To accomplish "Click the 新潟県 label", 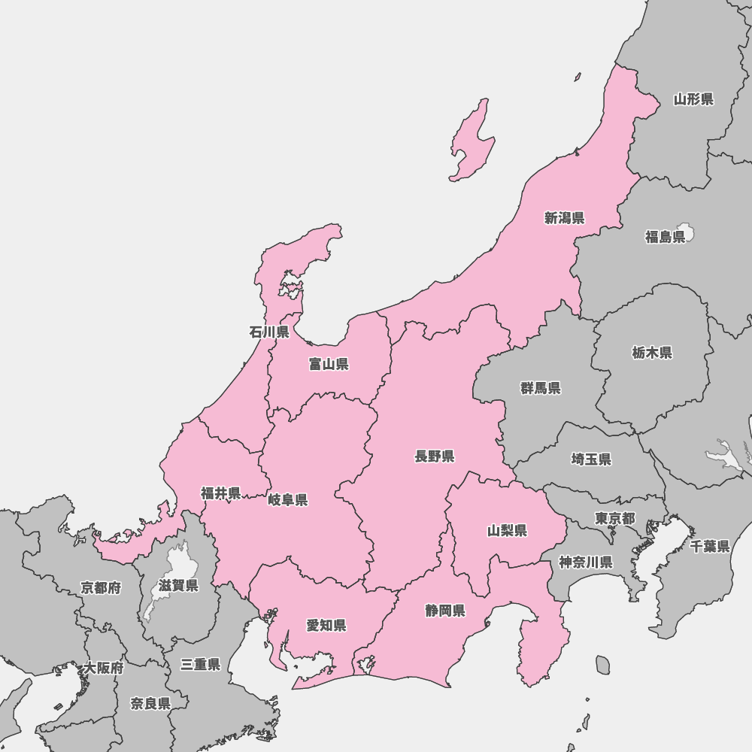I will [565, 218].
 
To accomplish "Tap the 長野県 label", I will [435, 456].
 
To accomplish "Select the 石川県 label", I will [269, 332].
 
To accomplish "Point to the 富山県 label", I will [329, 365].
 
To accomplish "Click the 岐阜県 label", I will [288, 500].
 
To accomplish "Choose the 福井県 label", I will [221, 493].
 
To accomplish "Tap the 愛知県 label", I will [326, 626].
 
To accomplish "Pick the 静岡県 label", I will [445, 611].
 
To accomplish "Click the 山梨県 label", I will [508, 531].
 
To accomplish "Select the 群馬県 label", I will [541, 388].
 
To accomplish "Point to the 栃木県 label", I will [652, 353].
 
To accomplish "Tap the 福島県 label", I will [666, 238].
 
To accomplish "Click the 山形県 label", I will [693, 99].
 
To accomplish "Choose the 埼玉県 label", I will [591, 459].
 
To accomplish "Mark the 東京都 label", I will [615, 518].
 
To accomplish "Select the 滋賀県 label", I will [178, 586].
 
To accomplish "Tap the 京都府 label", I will [101, 588].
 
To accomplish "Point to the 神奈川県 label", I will [586, 562].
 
